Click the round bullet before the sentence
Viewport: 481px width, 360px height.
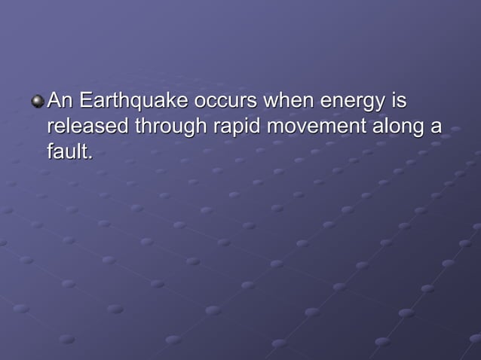click(38, 100)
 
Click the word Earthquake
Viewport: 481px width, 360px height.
click(124, 100)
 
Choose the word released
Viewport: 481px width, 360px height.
click(87, 126)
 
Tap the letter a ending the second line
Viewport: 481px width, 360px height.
click(435, 127)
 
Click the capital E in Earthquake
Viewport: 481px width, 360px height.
click(84, 100)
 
